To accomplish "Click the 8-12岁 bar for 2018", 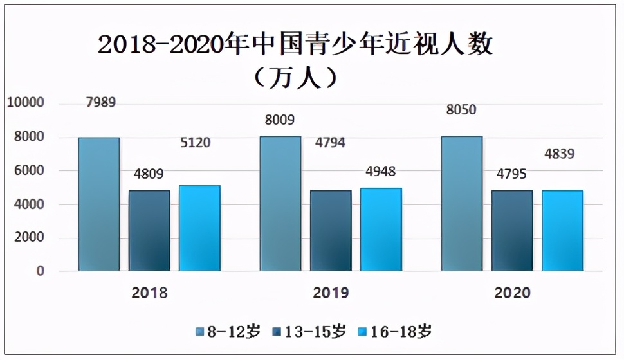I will click(99, 204).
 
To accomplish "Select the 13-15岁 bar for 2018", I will click(149, 230).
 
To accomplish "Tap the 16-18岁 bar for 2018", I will click(199, 228).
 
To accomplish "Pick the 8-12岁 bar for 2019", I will click(280, 203).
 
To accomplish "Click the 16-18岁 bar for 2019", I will click(381, 229).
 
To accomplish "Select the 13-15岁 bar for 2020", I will click(512, 230).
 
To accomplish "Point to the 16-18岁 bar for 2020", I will click(562, 230).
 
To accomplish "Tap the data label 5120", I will click(195, 143).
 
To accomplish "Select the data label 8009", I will click(279, 119).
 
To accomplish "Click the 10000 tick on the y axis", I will click(25, 103).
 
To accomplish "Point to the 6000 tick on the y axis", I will click(29, 170).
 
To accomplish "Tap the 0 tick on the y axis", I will click(41, 271).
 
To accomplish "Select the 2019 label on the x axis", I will click(331, 293).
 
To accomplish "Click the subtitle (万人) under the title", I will click(295, 78).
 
